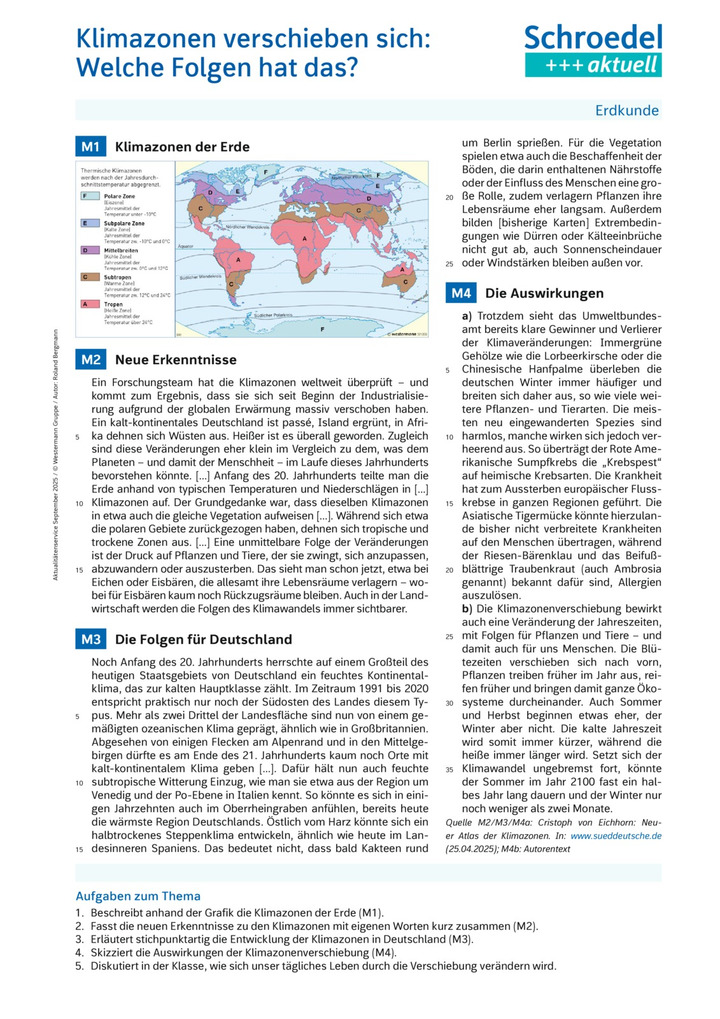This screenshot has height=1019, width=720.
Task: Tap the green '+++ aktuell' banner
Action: click(x=593, y=66)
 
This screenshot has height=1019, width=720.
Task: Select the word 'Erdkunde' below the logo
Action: click(x=628, y=110)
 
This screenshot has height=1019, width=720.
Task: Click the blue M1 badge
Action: click(x=90, y=147)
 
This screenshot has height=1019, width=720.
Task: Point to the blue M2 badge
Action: click(x=90, y=359)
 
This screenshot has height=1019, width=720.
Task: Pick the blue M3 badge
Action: click(x=90, y=639)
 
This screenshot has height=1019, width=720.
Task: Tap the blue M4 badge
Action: click(x=460, y=294)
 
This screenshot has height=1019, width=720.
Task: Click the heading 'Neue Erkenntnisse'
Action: click(x=176, y=359)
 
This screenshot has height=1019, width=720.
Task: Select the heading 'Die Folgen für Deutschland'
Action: click(x=204, y=639)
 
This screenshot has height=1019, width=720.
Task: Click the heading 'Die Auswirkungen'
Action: click(x=544, y=294)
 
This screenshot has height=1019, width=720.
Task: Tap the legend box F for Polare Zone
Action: click(x=85, y=196)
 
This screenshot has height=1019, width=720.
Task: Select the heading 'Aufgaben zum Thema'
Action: click(x=138, y=896)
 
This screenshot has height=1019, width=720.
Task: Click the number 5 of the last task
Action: click(x=79, y=967)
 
